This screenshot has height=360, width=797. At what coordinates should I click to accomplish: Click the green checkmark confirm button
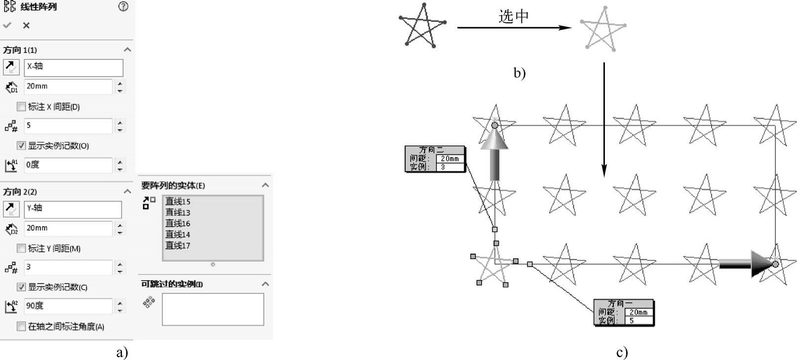(x=7, y=25)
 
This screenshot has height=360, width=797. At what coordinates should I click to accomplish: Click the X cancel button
(x=26, y=25)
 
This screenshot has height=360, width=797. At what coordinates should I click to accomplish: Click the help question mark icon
(x=123, y=6)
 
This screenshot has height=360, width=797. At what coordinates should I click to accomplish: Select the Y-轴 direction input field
(x=73, y=209)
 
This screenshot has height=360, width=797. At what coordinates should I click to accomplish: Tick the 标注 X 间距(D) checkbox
(x=21, y=107)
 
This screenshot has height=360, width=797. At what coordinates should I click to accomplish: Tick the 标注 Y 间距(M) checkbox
(x=21, y=248)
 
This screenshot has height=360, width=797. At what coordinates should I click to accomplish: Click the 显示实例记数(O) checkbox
(x=21, y=146)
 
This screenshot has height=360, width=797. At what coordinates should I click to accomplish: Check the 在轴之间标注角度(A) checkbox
(x=21, y=326)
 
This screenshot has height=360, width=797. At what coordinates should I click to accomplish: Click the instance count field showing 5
(x=68, y=126)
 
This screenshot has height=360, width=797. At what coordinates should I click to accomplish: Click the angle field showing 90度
(x=68, y=306)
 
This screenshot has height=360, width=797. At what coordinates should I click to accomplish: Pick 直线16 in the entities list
(x=178, y=224)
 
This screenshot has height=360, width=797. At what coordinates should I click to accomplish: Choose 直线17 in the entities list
(x=178, y=245)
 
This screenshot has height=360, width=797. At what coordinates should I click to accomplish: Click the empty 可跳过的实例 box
(x=213, y=310)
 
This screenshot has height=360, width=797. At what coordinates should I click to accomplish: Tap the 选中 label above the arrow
(x=514, y=17)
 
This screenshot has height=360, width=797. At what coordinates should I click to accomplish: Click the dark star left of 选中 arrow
(x=422, y=27)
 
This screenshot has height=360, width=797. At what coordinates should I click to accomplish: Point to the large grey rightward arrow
(x=746, y=264)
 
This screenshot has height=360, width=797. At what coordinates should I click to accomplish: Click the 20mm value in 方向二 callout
(x=450, y=159)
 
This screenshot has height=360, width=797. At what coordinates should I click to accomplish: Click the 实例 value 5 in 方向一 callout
(x=638, y=320)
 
